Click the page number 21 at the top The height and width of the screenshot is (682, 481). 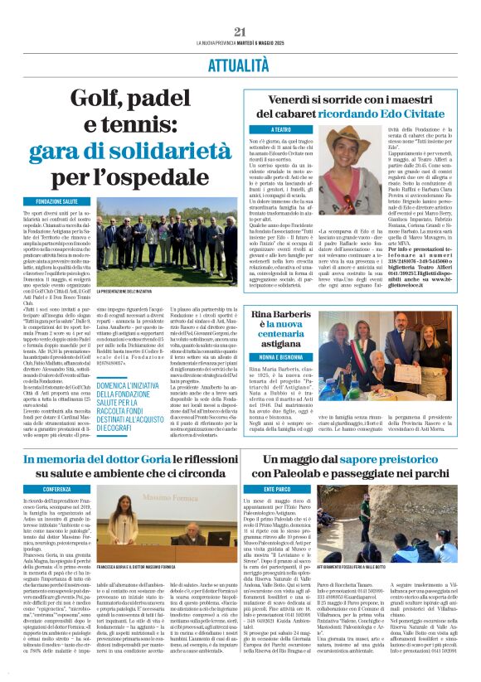tap(240, 32)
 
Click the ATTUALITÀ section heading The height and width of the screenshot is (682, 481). tap(240, 63)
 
